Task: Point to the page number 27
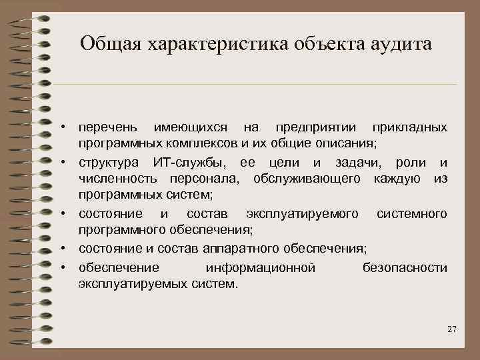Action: [451, 330]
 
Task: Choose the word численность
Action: [118, 179]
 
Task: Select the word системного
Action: [412, 214]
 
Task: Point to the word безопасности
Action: [405, 267]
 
